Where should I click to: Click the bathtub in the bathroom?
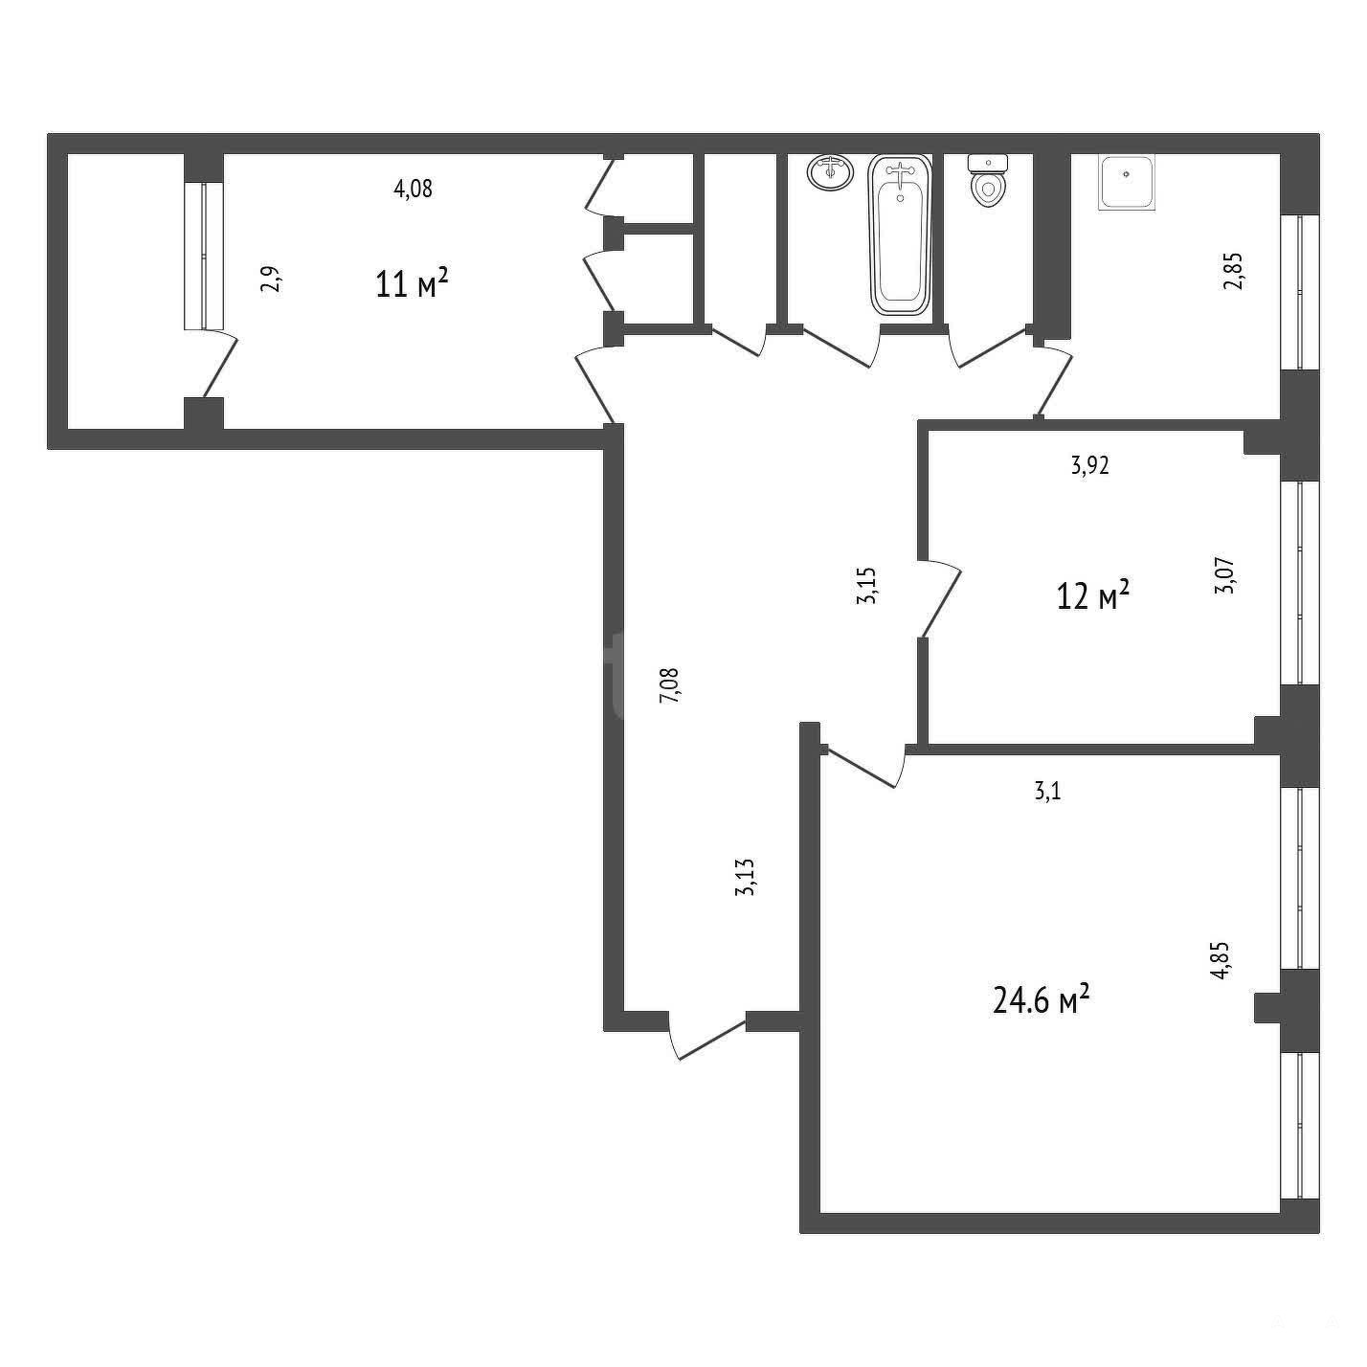pyautogui.click(x=900, y=235)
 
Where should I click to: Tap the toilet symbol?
pyautogui.click(x=988, y=181)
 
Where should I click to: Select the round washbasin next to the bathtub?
pyautogui.click(x=829, y=172)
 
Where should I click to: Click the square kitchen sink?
pyautogui.click(x=1127, y=183)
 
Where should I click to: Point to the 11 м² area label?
pyautogui.click(x=413, y=283)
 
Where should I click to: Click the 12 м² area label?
pyautogui.click(x=1093, y=594)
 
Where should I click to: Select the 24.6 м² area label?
pyautogui.click(x=1041, y=1000)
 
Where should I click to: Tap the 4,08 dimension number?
pyautogui.click(x=413, y=189)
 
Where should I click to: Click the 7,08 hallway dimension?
pyautogui.click(x=670, y=684)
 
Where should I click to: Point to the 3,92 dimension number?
pyautogui.click(x=1089, y=465)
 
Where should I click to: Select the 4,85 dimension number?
pyautogui.click(x=1220, y=960)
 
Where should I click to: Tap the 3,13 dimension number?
pyautogui.click(x=745, y=877)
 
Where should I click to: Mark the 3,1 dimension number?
pyautogui.click(x=1047, y=792)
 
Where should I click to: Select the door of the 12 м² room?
pyautogui.click(x=940, y=596)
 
